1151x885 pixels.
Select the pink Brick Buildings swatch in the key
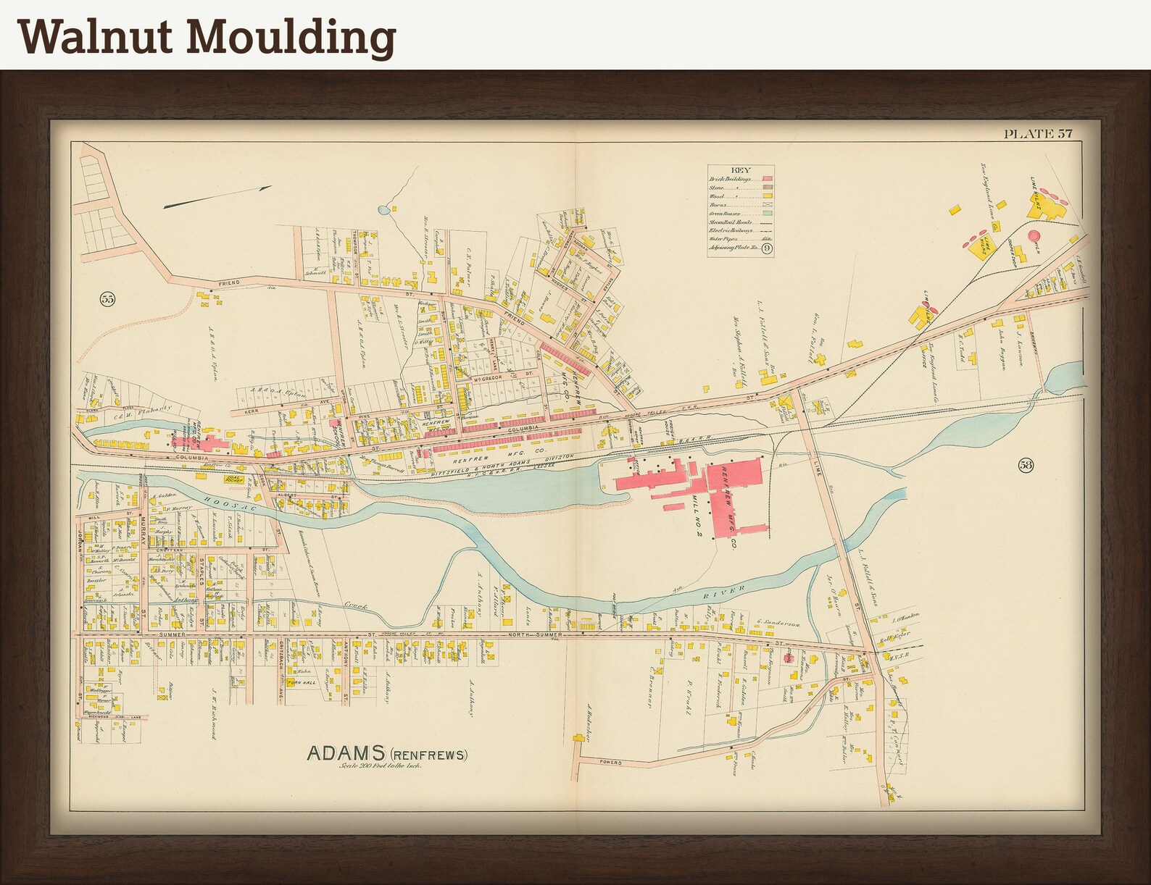[x=767, y=178]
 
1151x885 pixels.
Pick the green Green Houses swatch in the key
[x=767, y=214]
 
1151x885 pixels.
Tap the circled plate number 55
[x=107, y=298]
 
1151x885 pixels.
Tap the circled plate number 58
[x=1025, y=465]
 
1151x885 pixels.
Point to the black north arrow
[x=217, y=197]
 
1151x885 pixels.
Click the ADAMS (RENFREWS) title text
[x=387, y=754]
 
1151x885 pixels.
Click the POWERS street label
[x=611, y=763]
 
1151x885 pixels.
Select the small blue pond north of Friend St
[x=383, y=211]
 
